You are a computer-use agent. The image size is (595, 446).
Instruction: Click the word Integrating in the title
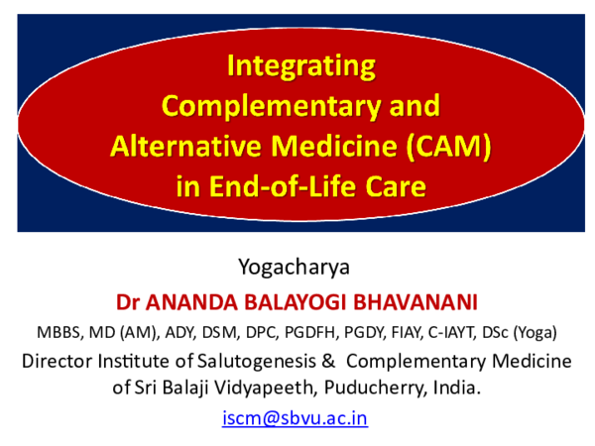coord(301,66)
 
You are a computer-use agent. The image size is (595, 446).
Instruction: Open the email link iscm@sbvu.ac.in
coord(296,417)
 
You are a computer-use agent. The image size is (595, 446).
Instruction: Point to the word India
coord(456,388)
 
